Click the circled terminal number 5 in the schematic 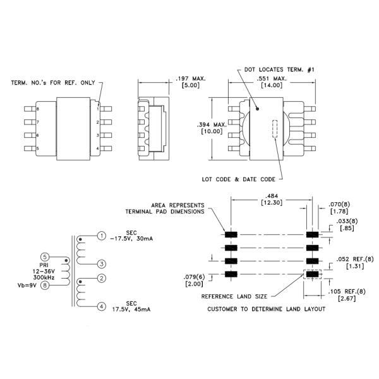[x=44, y=256]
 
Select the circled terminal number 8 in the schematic [x=44, y=286]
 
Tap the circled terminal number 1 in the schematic [x=101, y=236]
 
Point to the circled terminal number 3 [x=101, y=263]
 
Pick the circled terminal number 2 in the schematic [x=101, y=278]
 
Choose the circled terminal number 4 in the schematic [x=101, y=308]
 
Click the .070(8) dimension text [x=339, y=205]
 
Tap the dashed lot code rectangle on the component [x=275, y=129]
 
